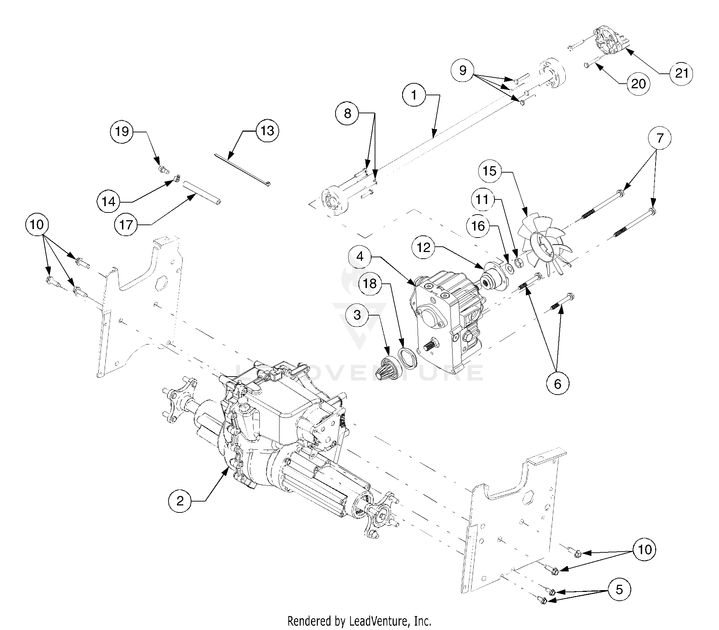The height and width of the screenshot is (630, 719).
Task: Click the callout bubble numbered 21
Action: click(x=681, y=73)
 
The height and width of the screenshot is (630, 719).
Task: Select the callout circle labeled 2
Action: click(x=180, y=500)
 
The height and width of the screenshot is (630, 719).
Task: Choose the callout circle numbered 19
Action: click(x=122, y=132)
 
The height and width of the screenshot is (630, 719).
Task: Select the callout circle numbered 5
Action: click(x=619, y=589)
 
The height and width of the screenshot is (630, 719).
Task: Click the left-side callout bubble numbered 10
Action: click(x=37, y=224)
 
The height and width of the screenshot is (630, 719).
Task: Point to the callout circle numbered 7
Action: click(x=660, y=138)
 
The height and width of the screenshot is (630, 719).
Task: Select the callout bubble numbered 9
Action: click(x=463, y=71)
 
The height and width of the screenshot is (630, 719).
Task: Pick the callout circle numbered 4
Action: click(x=360, y=257)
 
